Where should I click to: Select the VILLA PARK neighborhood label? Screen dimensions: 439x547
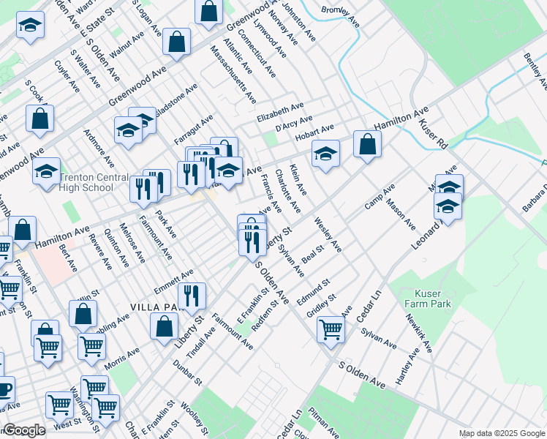point(154,307)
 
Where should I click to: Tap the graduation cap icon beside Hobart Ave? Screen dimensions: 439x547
point(326,154)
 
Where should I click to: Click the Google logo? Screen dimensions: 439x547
point(23,430)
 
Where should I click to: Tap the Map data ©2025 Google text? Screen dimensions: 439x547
point(502,433)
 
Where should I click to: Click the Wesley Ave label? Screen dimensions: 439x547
point(328,234)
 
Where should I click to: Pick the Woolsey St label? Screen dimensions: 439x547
point(193,417)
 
